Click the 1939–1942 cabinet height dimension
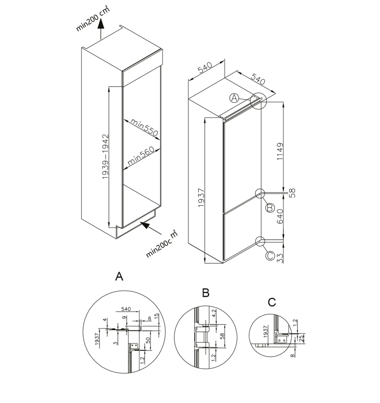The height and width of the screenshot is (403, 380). (x=105, y=157)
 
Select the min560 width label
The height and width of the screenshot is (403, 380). (x=141, y=156)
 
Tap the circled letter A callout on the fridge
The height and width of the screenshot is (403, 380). (x=234, y=98)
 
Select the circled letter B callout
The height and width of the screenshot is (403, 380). (x=270, y=208)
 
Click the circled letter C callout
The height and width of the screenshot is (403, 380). (x=270, y=255)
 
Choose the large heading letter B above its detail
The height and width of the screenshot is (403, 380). (x=206, y=293)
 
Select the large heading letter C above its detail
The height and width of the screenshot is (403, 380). (x=272, y=302)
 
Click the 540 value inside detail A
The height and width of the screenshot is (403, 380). (x=126, y=309)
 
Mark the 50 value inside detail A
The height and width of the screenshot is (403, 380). (x=148, y=340)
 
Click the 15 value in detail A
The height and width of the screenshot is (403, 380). (x=156, y=316)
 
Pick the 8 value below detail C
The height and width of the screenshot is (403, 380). (x=293, y=356)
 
